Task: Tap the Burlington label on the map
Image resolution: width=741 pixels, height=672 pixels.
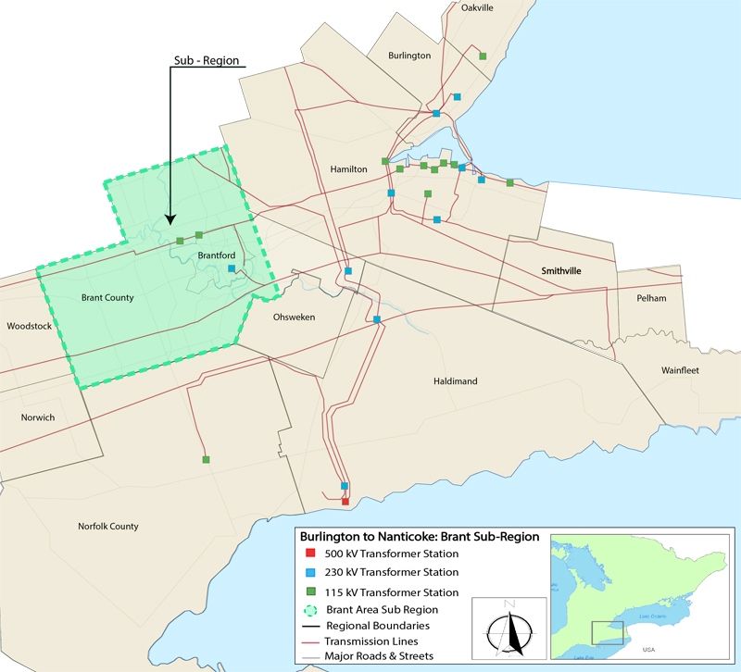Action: [409, 56]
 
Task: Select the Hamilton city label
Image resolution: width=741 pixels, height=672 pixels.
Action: [348, 169]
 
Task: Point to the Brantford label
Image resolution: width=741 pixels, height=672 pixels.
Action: [217, 255]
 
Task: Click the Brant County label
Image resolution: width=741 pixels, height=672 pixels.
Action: [107, 298]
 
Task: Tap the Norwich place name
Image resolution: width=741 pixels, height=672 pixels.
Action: [38, 417]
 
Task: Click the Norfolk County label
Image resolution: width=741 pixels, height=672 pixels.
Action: [108, 527]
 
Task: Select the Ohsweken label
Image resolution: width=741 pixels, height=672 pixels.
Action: [295, 317]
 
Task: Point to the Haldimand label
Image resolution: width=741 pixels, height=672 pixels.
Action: [455, 381]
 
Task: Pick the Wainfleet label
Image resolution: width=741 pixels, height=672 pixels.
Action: [679, 370]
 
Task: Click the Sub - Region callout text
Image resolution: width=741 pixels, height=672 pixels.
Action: [207, 61]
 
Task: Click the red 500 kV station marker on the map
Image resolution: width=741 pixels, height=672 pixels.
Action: [345, 502]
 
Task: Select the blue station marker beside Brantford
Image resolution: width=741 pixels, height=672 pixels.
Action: [232, 269]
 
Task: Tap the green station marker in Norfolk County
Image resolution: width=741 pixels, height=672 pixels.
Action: [206, 459]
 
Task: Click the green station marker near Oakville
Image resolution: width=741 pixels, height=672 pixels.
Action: [483, 56]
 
